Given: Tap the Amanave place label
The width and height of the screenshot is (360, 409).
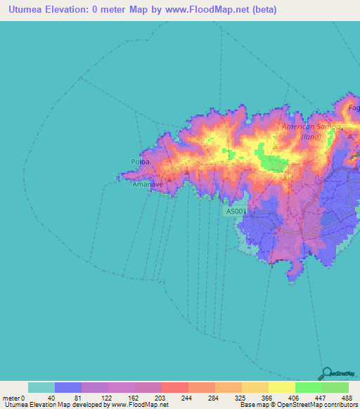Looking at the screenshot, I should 147,186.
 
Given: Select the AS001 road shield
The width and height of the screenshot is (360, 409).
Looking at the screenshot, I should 237,211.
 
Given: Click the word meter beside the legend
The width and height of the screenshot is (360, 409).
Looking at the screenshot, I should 10,398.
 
